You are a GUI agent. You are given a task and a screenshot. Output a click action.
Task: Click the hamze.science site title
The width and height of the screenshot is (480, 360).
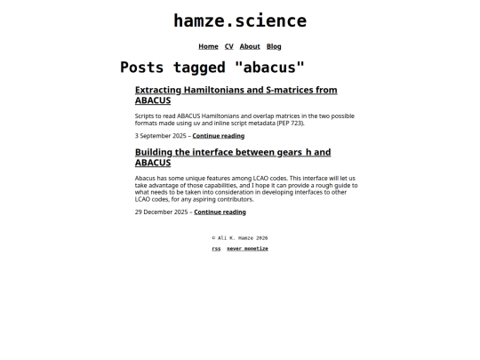[240, 20]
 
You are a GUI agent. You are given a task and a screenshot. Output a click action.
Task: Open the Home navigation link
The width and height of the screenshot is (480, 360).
[208, 46]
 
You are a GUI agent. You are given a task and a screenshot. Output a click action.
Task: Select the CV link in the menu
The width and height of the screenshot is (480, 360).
[228, 46]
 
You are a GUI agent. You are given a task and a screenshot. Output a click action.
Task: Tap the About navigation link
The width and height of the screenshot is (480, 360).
[250, 46]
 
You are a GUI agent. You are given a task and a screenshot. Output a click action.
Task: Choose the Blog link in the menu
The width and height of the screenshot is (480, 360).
[274, 46]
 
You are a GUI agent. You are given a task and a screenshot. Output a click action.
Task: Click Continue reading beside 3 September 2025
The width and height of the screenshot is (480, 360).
[218, 136]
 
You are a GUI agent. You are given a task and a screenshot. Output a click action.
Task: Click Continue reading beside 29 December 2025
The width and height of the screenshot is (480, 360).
[220, 212]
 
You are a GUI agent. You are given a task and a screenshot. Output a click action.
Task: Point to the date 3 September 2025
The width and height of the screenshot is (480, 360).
[160, 136]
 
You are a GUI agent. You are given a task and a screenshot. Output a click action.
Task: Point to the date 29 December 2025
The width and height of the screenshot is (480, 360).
[161, 212]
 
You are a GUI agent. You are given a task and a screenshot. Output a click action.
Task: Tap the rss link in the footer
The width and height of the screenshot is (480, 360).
[216, 249]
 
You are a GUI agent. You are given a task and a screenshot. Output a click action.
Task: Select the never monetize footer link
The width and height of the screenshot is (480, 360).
[247, 249]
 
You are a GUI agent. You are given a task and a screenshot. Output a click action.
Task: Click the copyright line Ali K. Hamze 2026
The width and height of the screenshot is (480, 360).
[240, 238]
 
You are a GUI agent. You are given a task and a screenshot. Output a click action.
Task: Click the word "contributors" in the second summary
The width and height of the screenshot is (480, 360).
[228, 199]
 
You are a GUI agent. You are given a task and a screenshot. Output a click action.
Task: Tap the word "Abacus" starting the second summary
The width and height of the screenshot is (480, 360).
[146, 178]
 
